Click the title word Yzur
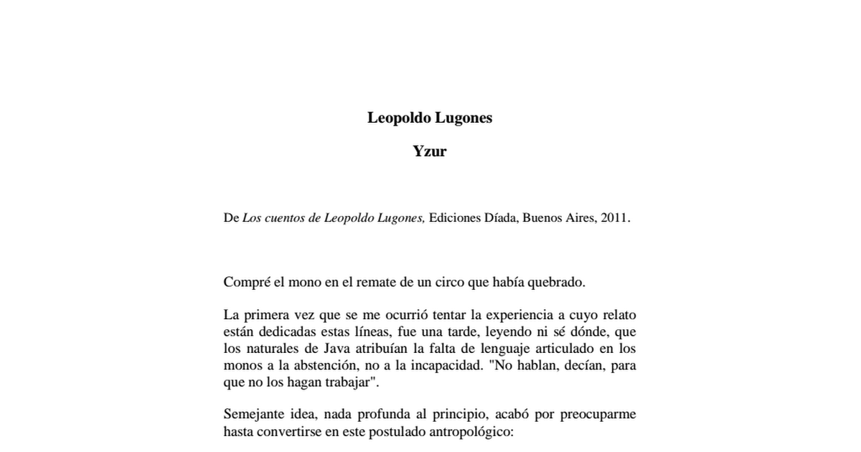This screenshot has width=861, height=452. [x=430, y=151]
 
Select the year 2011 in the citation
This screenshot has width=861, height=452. [x=614, y=218]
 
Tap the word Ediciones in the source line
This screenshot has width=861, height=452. [x=456, y=218]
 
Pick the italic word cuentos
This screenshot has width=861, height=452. [x=285, y=218]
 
